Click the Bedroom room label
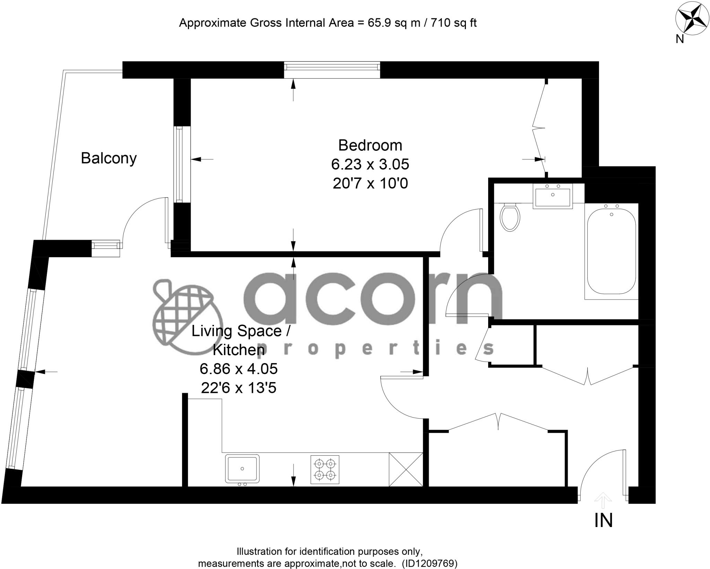370,145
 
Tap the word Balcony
109,158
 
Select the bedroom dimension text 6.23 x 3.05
370,164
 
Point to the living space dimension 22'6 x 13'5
239,388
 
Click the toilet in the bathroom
510,217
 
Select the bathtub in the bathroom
611,251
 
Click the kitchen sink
242,469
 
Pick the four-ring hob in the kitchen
325,469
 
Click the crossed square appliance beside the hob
406,469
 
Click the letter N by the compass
680,40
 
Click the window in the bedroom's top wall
332,70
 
